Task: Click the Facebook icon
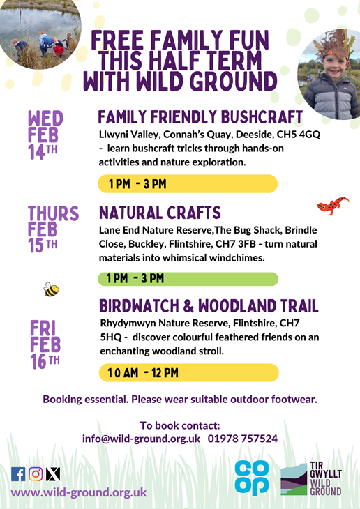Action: click(18, 474)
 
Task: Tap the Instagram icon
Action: click(36, 474)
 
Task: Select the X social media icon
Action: click(53, 474)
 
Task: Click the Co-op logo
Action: click(252, 478)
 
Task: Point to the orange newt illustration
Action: click(333, 205)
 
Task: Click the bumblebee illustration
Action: click(52, 289)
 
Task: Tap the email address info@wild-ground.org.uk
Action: click(141, 439)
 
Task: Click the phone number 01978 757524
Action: click(243, 439)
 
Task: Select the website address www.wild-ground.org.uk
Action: click(79, 492)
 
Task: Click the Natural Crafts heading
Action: click(160, 213)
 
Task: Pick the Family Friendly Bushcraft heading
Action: click(200, 117)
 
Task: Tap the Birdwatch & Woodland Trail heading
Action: click(209, 306)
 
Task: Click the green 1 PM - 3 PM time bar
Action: click(188, 279)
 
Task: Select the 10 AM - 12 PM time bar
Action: click(189, 372)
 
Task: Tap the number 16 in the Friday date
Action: click(38, 361)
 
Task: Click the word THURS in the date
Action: click(53, 213)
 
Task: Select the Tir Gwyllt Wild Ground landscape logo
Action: click(294, 480)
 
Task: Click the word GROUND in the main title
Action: click(234, 82)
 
